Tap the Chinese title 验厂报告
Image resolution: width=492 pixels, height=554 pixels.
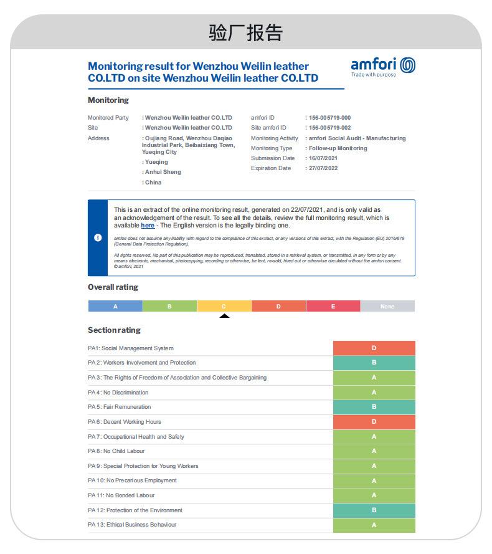[245, 32]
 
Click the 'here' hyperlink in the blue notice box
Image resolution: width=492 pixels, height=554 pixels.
[148, 226]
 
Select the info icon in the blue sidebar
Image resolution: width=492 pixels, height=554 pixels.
[98, 238]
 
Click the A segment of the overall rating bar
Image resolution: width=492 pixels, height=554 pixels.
[115, 307]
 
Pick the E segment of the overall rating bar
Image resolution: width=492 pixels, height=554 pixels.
[333, 307]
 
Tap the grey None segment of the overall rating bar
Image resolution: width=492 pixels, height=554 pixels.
[387, 307]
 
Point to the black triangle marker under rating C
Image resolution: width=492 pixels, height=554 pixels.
[224, 316]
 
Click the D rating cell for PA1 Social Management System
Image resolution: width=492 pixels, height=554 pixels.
[374, 348]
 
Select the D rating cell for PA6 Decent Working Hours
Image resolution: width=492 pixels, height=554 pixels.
[374, 422]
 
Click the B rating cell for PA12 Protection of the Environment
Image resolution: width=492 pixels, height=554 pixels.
[374, 510]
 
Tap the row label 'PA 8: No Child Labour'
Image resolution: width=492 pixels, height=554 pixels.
[116, 451]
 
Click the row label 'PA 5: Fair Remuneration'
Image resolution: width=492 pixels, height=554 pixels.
[119, 407]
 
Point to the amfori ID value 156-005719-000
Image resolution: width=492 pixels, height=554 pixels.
[329, 118]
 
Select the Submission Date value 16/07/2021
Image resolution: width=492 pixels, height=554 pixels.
[323, 158]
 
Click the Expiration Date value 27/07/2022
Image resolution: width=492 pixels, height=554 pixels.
[323, 168]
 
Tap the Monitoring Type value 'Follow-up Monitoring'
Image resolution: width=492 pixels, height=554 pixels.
[338, 148]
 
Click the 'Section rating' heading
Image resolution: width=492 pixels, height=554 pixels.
[114, 330]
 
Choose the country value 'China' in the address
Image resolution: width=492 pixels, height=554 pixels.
[153, 183]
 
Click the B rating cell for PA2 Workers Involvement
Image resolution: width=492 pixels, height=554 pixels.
[374, 363]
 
